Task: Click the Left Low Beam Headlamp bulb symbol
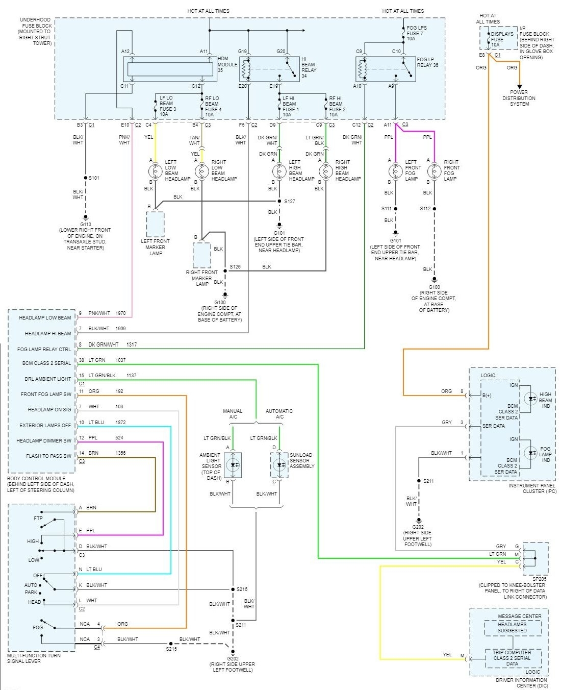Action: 155,171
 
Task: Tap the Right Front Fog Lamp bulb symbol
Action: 434,171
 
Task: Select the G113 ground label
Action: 85,224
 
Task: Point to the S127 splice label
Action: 290,201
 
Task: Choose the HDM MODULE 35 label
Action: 227,64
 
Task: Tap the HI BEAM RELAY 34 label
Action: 308,67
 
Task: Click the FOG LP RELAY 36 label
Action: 427,62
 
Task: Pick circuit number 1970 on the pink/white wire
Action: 120,313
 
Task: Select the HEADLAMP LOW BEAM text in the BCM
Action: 45,318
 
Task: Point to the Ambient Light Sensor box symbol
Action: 233,465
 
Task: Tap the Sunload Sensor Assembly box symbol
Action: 279,465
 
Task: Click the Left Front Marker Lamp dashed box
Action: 156,224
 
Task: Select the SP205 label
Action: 539,579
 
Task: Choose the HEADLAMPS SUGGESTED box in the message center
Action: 512,628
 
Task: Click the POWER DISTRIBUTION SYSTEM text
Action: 519,98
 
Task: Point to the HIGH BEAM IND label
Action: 545,400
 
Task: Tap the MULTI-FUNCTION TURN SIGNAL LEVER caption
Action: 34,658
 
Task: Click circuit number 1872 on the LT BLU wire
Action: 120,423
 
